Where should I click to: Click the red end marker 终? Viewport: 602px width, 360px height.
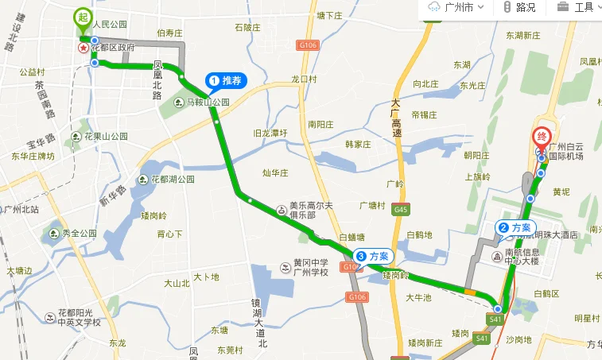tap(543, 137)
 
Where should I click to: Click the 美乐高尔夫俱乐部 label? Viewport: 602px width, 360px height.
tap(301, 210)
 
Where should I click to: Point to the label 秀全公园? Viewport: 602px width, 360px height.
tap(77, 234)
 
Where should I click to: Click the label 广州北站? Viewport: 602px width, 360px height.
tap(21, 209)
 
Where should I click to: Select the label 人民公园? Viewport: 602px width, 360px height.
tap(109, 24)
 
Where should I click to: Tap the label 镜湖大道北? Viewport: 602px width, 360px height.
tap(260, 323)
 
